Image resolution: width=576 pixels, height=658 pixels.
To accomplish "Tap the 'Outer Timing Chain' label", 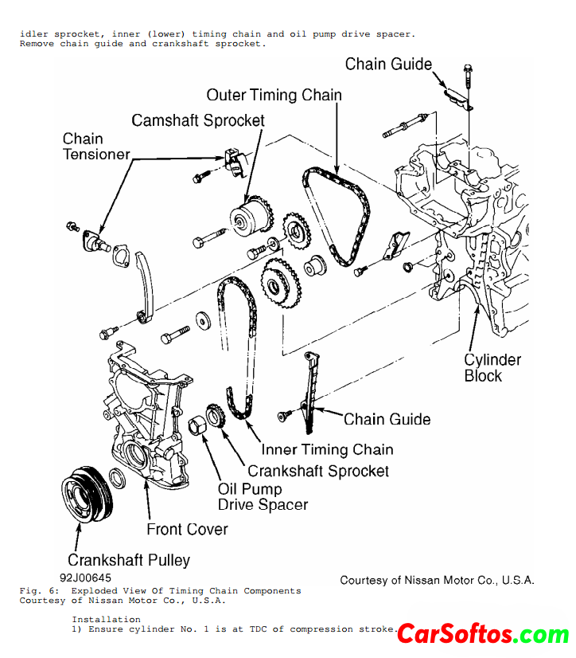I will [x=274, y=96].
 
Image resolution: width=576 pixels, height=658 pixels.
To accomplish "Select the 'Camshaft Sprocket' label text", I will [x=198, y=120].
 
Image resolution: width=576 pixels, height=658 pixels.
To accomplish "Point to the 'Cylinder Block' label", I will [x=492, y=367].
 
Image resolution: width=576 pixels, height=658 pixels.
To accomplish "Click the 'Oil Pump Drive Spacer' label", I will [x=263, y=497].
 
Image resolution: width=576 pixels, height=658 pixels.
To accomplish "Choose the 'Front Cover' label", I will [x=187, y=529].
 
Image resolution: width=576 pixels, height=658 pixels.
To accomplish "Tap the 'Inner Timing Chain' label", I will [x=327, y=449].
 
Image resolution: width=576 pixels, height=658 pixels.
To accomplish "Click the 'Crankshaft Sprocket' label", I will [x=318, y=471].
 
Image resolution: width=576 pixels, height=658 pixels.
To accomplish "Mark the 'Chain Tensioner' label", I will [x=95, y=147].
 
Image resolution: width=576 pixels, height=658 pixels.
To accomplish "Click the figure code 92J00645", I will [x=84, y=578].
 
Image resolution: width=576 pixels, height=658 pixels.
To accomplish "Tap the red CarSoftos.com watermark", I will [x=483, y=635].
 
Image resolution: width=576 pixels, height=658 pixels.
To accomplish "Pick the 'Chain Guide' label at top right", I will [x=388, y=65].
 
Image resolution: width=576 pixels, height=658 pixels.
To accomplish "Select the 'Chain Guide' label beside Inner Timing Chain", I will [x=387, y=419].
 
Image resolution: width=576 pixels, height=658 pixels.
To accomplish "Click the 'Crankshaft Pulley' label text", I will [x=129, y=560].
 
